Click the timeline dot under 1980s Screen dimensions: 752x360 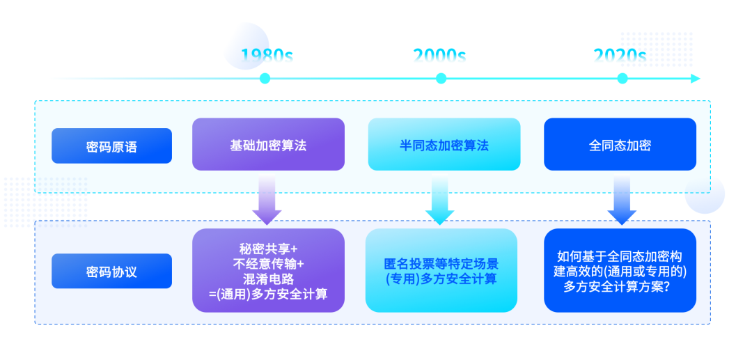click(x=265, y=79)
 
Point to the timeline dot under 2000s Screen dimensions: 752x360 click(x=441, y=79)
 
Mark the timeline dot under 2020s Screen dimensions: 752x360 click(x=622, y=79)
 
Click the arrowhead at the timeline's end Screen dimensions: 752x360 click(x=696, y=79)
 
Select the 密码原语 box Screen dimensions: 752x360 click(x=111, y=146)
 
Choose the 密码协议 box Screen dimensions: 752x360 click(x=111, y=272)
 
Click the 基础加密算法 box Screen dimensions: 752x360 click(x=269, y=144)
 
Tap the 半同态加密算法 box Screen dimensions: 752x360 click(x=444, y=144)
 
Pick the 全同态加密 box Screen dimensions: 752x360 click(x=620, y=144)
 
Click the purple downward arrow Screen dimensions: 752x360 click(x=267, y=200)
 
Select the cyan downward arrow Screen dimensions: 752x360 click(x=440, y=200)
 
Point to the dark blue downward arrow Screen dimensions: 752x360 click(x=622, y=200)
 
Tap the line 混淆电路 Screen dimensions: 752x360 click(x=269, y=279)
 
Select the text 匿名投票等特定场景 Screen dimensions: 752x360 click(x=441, y=264)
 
